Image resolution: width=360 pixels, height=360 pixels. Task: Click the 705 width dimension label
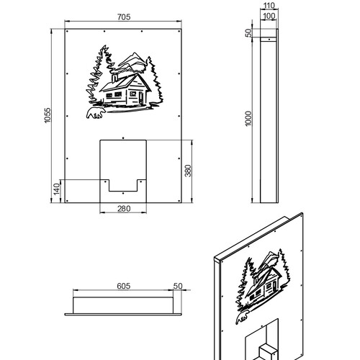[124, 17]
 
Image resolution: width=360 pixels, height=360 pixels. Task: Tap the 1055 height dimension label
[48, 115]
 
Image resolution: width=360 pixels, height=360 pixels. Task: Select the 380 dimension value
[188, 171]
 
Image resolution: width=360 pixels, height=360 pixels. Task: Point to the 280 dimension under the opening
[124, 209]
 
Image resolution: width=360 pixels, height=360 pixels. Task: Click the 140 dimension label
[57, 189]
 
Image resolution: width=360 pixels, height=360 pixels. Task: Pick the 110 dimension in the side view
[269, 5]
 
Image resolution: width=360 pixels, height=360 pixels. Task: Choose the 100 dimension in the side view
[269, 16]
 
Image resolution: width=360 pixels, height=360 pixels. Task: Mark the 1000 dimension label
[248, 118]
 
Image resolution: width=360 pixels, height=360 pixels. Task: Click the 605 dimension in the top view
[124, 286]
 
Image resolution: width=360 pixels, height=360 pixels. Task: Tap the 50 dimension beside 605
[178, 286]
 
